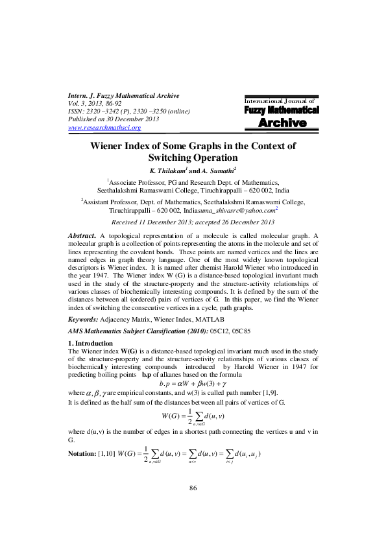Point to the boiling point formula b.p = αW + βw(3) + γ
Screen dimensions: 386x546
pyautogui.click(x=193, y=383)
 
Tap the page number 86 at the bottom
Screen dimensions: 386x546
pyautogui.click(x=193, y=506)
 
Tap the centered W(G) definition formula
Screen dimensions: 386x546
pyautogui.click(x=193, y=416)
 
